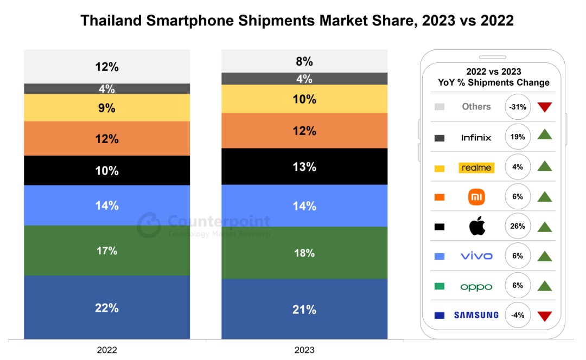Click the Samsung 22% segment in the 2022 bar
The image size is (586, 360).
[107, 307]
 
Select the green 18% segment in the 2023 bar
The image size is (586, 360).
[304, 253]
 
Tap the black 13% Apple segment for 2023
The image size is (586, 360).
[304, 166]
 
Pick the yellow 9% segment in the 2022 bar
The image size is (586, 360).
[107, 108]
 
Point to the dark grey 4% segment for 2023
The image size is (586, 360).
[304, 79]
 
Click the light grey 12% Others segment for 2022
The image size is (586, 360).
[107, 67]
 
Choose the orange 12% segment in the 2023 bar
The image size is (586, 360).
[304, 131]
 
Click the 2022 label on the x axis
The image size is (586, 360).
[106, 350]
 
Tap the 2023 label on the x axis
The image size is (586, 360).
[304, 350]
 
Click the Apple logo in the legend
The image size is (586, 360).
[477, 226]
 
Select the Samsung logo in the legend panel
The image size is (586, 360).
[476, 315]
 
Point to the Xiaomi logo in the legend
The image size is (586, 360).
[476, 197]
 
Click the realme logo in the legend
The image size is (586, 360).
[476, 168]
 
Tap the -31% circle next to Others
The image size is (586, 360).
[518, 107]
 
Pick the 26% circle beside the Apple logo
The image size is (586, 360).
[518, 226]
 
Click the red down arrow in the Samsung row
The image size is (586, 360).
[545, 316]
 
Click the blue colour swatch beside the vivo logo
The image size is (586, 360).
[439, 256]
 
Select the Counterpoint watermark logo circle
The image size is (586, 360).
[149, 225]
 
